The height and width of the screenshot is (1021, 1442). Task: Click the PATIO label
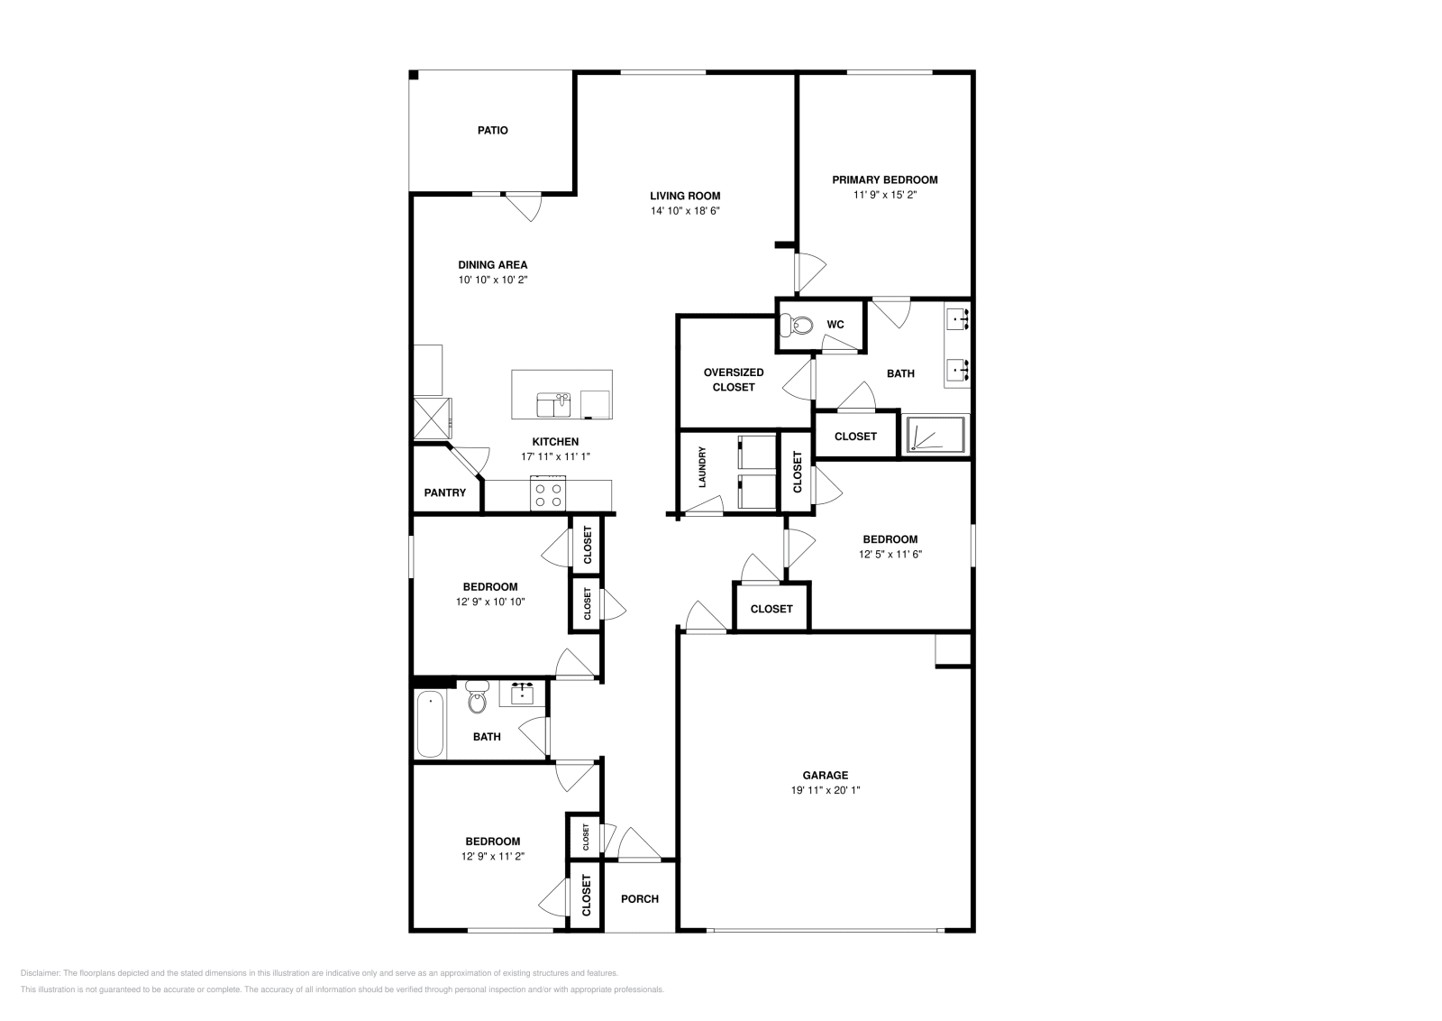(x=492, y=131)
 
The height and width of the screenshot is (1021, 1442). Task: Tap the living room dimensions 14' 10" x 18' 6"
(x=685, y=211)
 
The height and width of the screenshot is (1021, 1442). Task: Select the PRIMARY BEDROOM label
(x=884, y=179)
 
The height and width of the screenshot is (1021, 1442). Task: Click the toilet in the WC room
(x=797, y=324)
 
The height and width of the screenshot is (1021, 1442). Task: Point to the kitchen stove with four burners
(x=548, y=493)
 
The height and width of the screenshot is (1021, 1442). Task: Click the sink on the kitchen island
(x=553, y=405)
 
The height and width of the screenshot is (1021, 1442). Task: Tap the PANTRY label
(x=445, y=492)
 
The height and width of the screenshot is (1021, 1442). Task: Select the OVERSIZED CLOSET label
(x=733, y=380)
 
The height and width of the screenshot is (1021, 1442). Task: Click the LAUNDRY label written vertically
(x=702, y=468)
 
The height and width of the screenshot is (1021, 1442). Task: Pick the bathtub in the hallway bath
(x=431, y=724)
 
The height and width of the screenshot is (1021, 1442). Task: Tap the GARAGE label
(x=826, y=775)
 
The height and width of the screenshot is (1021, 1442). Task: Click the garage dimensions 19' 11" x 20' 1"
(x=826, y=789)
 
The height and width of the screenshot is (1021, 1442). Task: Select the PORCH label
(x=640, y=899)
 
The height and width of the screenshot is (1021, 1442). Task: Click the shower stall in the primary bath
(x=936, y=434)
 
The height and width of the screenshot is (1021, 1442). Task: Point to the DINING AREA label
(x=492, y=265)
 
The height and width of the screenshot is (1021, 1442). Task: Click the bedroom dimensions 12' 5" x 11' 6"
(x=890, y=555)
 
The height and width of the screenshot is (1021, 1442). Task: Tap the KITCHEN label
(x=555, y=442)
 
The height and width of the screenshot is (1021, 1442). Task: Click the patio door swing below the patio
(x=524, y=207)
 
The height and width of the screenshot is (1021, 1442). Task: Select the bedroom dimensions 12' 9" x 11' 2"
(x=492, y=857)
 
